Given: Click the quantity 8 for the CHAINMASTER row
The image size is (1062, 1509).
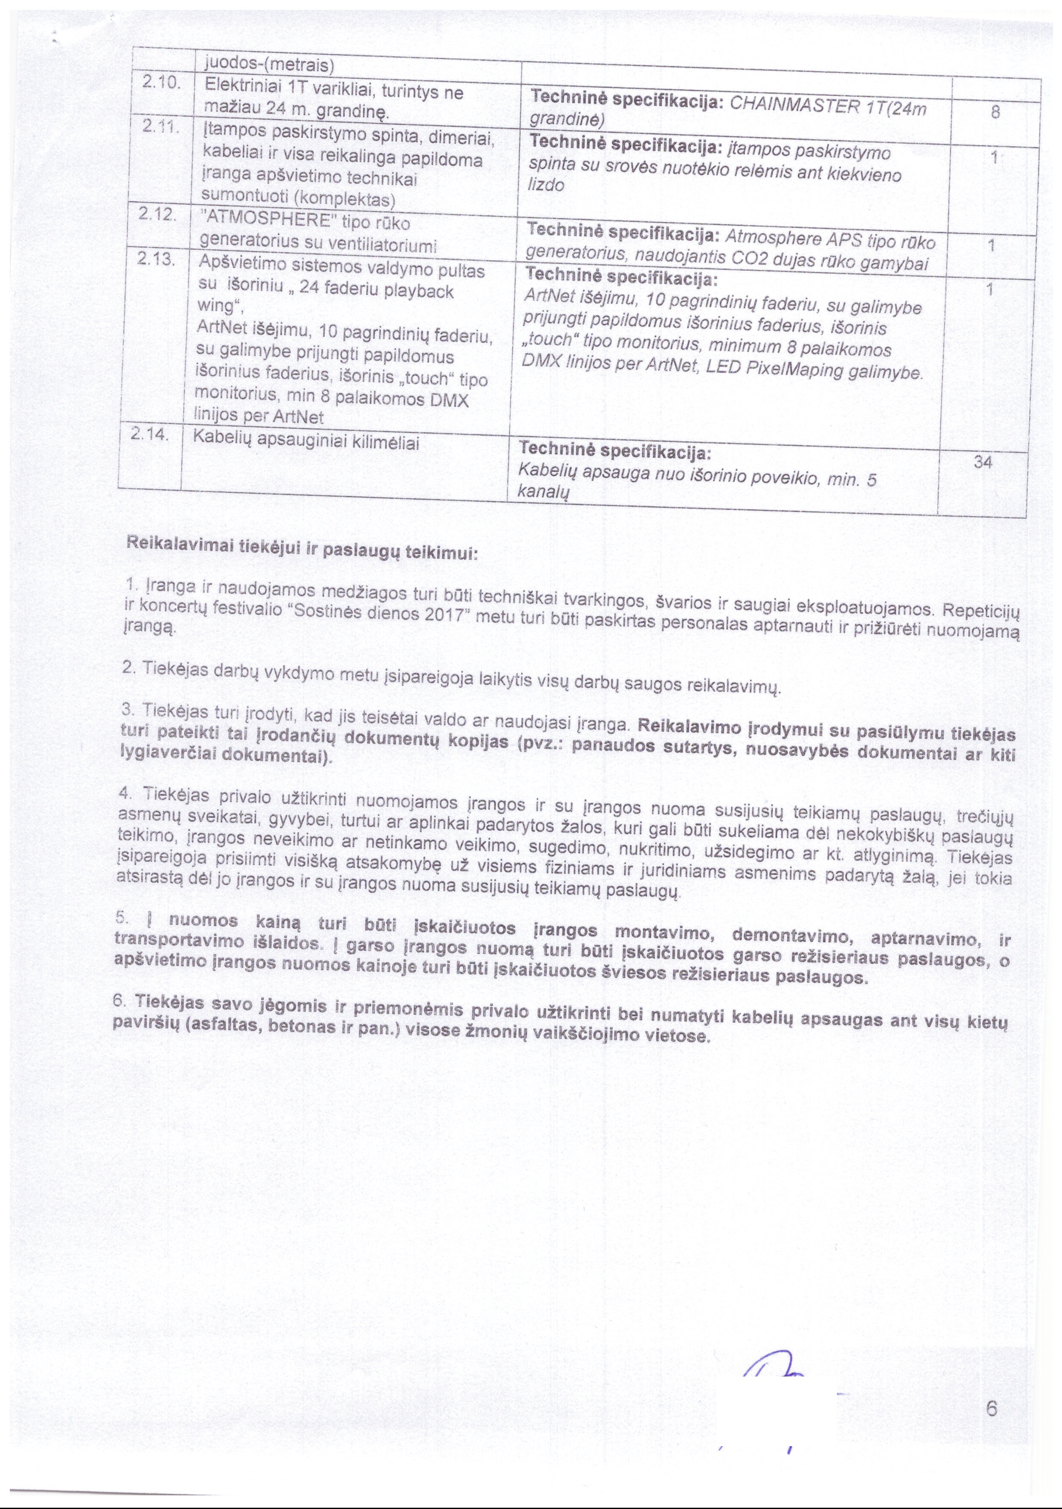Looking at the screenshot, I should (x=995, y=112).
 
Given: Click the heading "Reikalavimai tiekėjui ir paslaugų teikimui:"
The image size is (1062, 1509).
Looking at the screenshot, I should (x=302, y=548).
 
